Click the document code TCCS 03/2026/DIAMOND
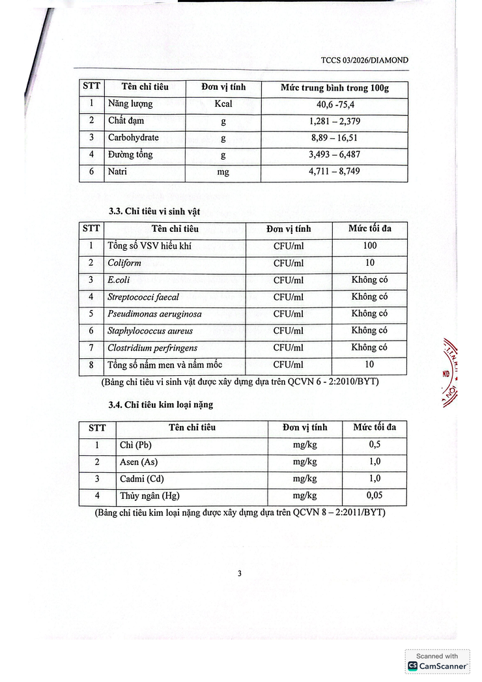[365, 60]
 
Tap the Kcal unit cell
[223, 104]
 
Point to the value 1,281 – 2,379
[335, 121]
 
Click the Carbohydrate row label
[133, 137]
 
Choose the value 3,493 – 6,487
[335, 155]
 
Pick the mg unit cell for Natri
[223, 172]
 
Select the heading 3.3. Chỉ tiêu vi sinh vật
[154, 212]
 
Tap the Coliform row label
[124, 263]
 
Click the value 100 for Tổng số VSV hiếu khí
[369, 246]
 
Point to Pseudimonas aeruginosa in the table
[154, 313]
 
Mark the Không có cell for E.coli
[369, 279]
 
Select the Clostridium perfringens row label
[152, 348]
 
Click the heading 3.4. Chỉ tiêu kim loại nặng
[161, 405]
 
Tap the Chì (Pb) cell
[135, 445]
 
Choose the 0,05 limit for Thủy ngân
[375, 496]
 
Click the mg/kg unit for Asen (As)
[305, 462]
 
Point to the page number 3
[240, 573]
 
